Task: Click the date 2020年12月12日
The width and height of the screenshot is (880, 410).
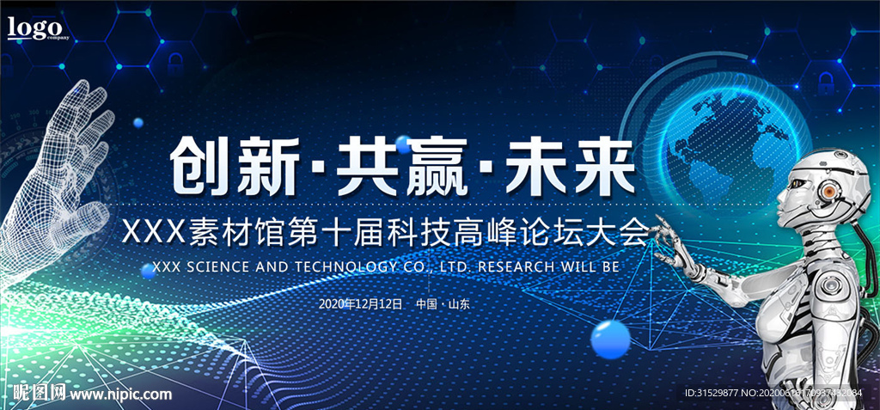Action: tap(360, 304)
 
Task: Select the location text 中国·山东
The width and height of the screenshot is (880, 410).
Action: tap(443, 304)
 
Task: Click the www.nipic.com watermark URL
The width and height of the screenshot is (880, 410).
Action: tap(120, 395)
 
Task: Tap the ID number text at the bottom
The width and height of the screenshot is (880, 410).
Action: tap(773, 394)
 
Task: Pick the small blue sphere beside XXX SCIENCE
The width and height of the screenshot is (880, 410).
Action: tap(147, 270)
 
